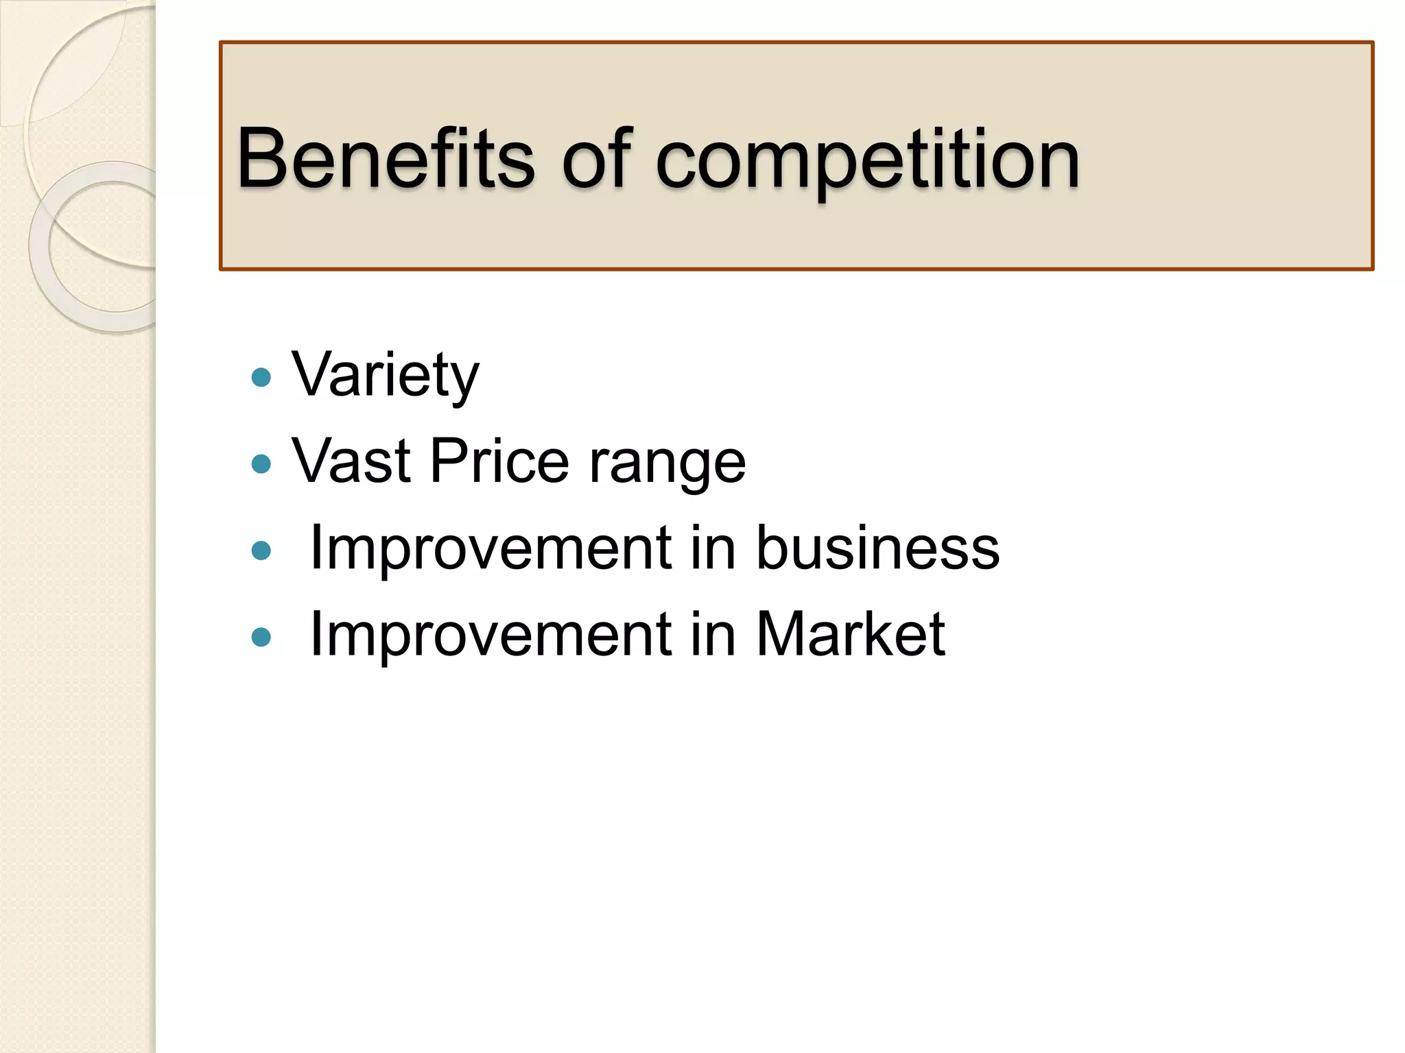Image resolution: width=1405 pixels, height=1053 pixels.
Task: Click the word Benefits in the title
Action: pyautogui.click(x=385, y=159)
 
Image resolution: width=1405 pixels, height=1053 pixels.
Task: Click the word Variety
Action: pyautogui.click(x=386, y=376)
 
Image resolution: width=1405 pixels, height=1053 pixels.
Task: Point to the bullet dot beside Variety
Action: pyautogui.click(x=261, y=377)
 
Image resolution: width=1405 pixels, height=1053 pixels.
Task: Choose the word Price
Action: pyautogui.click(x=499, y=461)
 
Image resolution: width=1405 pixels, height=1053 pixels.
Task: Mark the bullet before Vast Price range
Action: pyautogui.click(x=261, y=464)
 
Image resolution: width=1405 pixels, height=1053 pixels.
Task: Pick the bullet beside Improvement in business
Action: pyautogui.click(x=261, y=550)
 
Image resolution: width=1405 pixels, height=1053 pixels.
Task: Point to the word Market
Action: pyautogui.click(x=851, y=634)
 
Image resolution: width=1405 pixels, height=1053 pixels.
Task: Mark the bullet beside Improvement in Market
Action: pyautogui.click(x=261, y=638)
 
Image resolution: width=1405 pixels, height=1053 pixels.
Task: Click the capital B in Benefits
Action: pyautogui.click(x=263, y=159)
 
